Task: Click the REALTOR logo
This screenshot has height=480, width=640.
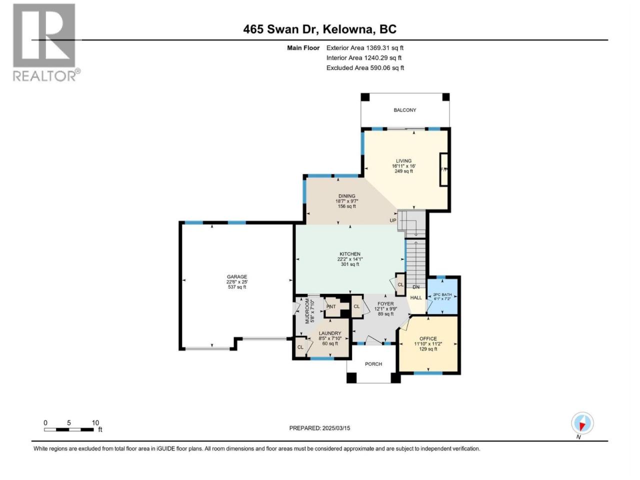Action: tap(46, 42)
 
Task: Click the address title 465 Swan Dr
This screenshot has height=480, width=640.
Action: tap(280, 29)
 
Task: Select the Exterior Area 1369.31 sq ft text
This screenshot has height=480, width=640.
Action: tap(365, 48)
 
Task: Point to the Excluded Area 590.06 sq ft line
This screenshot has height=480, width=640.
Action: tap(365, 68)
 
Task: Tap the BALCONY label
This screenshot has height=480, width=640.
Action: tap(404, 110)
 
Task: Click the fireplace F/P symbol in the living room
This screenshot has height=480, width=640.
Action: tap(444, 169)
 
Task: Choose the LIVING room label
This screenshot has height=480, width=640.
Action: tap(403, 161)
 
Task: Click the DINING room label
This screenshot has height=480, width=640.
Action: tap(346, 196)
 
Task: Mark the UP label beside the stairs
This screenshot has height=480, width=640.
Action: tap(392, 220)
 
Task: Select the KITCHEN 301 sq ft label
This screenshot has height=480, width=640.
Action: tap(350, 259)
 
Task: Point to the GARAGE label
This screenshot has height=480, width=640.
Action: tap(237, 276)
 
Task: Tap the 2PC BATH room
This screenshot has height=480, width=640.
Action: tap(442, 296)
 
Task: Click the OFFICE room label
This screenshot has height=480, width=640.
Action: tap(428, 338)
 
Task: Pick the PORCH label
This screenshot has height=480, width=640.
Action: tap(373, 364)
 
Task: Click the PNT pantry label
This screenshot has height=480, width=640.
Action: tap(331, 306)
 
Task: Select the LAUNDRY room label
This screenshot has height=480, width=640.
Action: tap(330, 333)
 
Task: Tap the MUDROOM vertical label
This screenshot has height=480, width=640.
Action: tap(307, 310)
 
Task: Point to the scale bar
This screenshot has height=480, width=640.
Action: tap(69, 429)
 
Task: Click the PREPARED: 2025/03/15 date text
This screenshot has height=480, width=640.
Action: tap(319, 428)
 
